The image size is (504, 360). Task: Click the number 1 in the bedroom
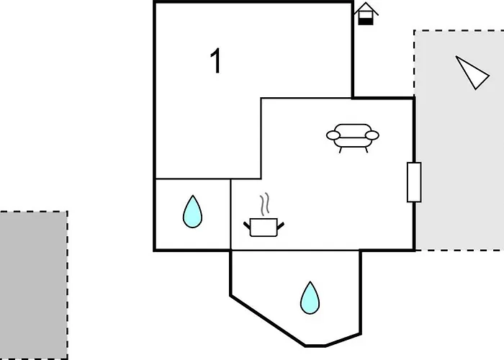pyautogui.click(x=216, y=60)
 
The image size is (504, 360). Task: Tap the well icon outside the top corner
pyautogui.click(x=366, y=14)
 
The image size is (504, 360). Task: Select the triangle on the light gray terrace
pyautogui.click(x=472, y=72)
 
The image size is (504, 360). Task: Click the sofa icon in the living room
pyautogui.click(x=353, y=138)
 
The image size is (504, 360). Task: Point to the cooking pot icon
pyautogui.click(x=264, y=227)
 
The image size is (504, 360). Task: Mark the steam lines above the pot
pyautogui.click(x=265, y=204)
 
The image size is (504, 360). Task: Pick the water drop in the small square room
pyautogui.click(x=192, y=212)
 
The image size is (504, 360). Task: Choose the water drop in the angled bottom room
pyautogui.click(x=310, y=297)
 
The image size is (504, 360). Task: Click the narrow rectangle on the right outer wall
pyautogui.click(x=414, y=182)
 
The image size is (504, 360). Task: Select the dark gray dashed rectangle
pyautogui.click(x=34, y=285)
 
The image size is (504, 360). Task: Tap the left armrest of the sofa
pyautogui.click(x=333, y=135)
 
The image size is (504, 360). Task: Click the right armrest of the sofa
pyautogui.click(x=372, y=135)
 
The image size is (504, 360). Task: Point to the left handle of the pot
pyautogui.click(x=247, y=225)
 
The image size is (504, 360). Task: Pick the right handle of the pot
pyautogui.click(x=280, y=226)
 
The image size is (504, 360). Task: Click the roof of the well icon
pyautogui.click(x=366, y=9)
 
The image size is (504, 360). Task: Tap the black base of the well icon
pyautogui.click(x=366, y=22)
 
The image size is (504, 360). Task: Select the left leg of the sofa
pyautogui.click(x=341, y=150)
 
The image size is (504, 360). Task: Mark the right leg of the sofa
pyautogui.click(x=366, y=150)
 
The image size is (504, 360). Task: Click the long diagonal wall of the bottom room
pyautogui.click(x=268, y=321)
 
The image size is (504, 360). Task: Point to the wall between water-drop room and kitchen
pyautogui.click(x=230, y=215)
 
